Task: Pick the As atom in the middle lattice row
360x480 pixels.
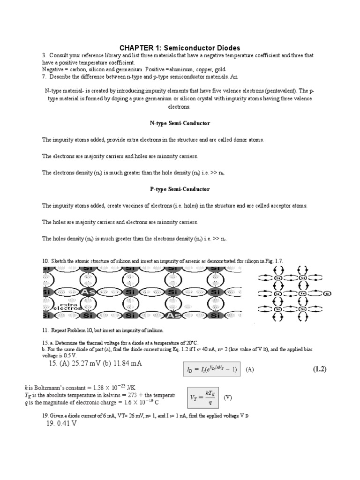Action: [x=87, y=292]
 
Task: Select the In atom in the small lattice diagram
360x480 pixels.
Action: [x=304, y=293]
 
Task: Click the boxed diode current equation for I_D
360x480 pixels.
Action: [x=212, y=369]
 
